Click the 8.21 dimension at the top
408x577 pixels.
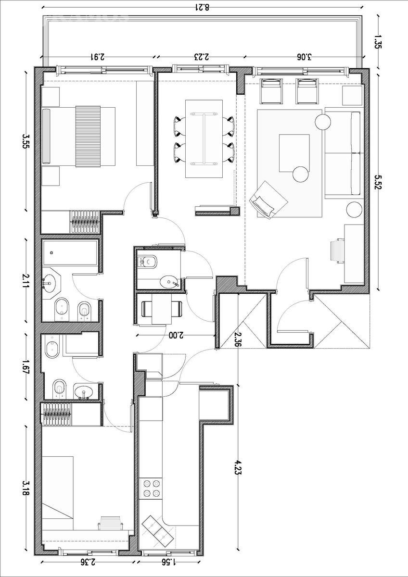[204, 7]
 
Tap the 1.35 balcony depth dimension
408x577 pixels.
[378, 42]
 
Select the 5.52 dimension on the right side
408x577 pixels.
[378, 182]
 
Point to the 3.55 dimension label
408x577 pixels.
[26, 140]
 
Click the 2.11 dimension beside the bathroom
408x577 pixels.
[26, 281]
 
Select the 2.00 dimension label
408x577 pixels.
[176, 335]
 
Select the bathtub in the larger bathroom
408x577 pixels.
[70, 253]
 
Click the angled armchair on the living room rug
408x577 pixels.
[268, 200]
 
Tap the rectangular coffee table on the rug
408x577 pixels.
[294, 153]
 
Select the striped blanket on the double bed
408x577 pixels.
[88, 137]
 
